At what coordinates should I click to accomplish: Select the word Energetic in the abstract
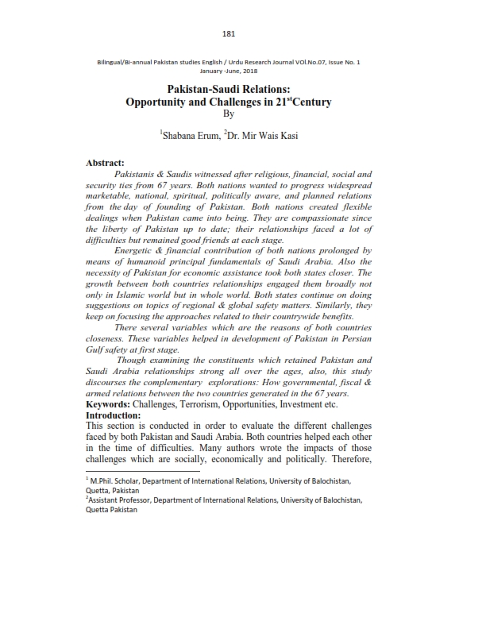click(141, 250)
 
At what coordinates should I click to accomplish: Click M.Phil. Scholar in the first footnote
click(118, 481)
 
